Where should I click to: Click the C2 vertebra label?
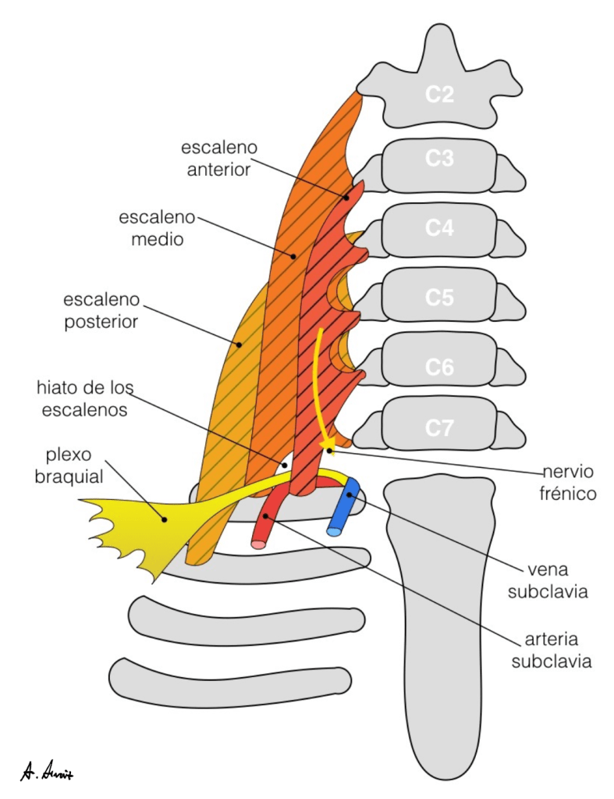[440, 95]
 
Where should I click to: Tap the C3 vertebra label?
[440, 159]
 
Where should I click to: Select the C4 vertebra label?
[440, 228]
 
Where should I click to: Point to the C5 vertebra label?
[440, 297]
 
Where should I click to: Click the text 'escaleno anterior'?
[219, 158]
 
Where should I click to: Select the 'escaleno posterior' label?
[101, 310]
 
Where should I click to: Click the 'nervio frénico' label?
[570, 483]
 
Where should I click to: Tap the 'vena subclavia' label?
[547, 581]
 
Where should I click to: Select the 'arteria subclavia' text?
[550, 652]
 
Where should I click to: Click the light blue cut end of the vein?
[334, 532]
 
